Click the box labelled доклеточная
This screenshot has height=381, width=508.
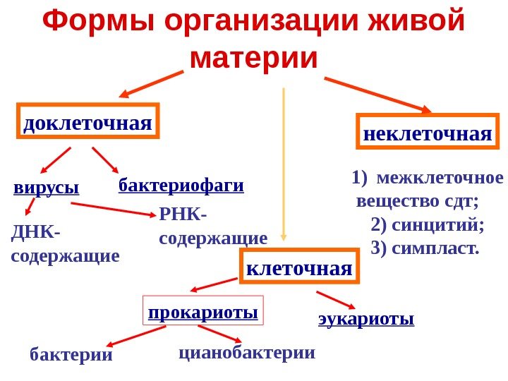point(87,122)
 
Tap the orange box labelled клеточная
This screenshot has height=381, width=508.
point(299,267)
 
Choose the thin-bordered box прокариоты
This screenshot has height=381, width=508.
point(202,311)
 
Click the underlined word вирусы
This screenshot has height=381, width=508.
point(46,188)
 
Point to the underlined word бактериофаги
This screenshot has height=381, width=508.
point(181,186)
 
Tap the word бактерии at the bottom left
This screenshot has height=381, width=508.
point(71,355)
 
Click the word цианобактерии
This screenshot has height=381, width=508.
point(246,351)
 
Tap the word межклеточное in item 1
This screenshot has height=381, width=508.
point(441,177)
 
